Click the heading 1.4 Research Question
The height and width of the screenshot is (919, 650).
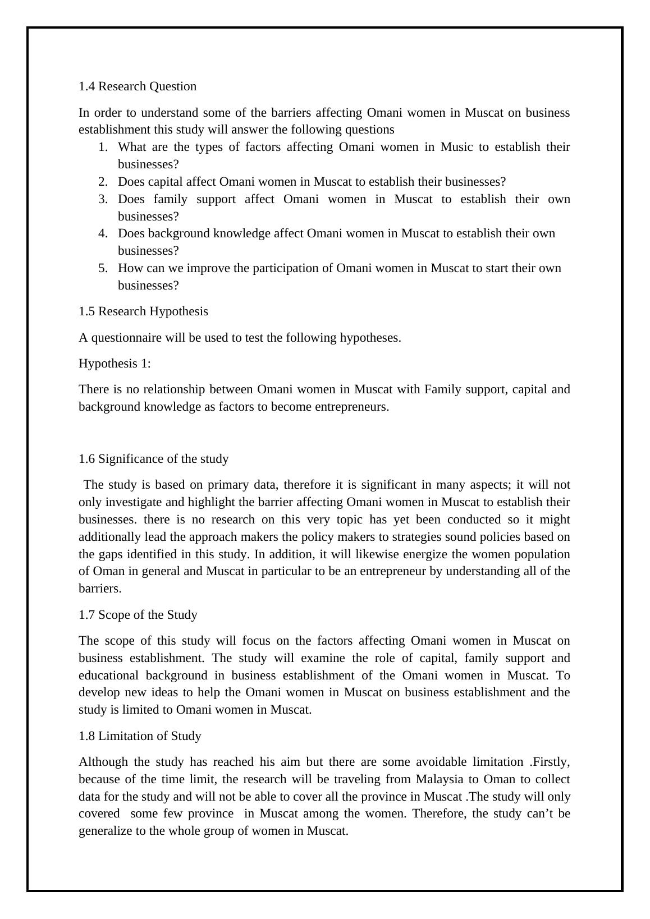pos(138,86)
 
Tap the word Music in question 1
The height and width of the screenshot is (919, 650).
pos(456,147)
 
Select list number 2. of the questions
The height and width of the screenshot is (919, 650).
pos(103,182)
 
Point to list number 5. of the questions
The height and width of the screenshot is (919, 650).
pos(103,268)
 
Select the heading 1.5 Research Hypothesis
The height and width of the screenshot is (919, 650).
pos(143,311)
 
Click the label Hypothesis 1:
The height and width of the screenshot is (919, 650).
pos(115,364)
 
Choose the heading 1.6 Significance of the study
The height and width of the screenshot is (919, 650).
pos(153,459)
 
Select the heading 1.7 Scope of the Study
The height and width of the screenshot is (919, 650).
pos(138,615)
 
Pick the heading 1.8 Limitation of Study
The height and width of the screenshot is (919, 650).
pos(140,736)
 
